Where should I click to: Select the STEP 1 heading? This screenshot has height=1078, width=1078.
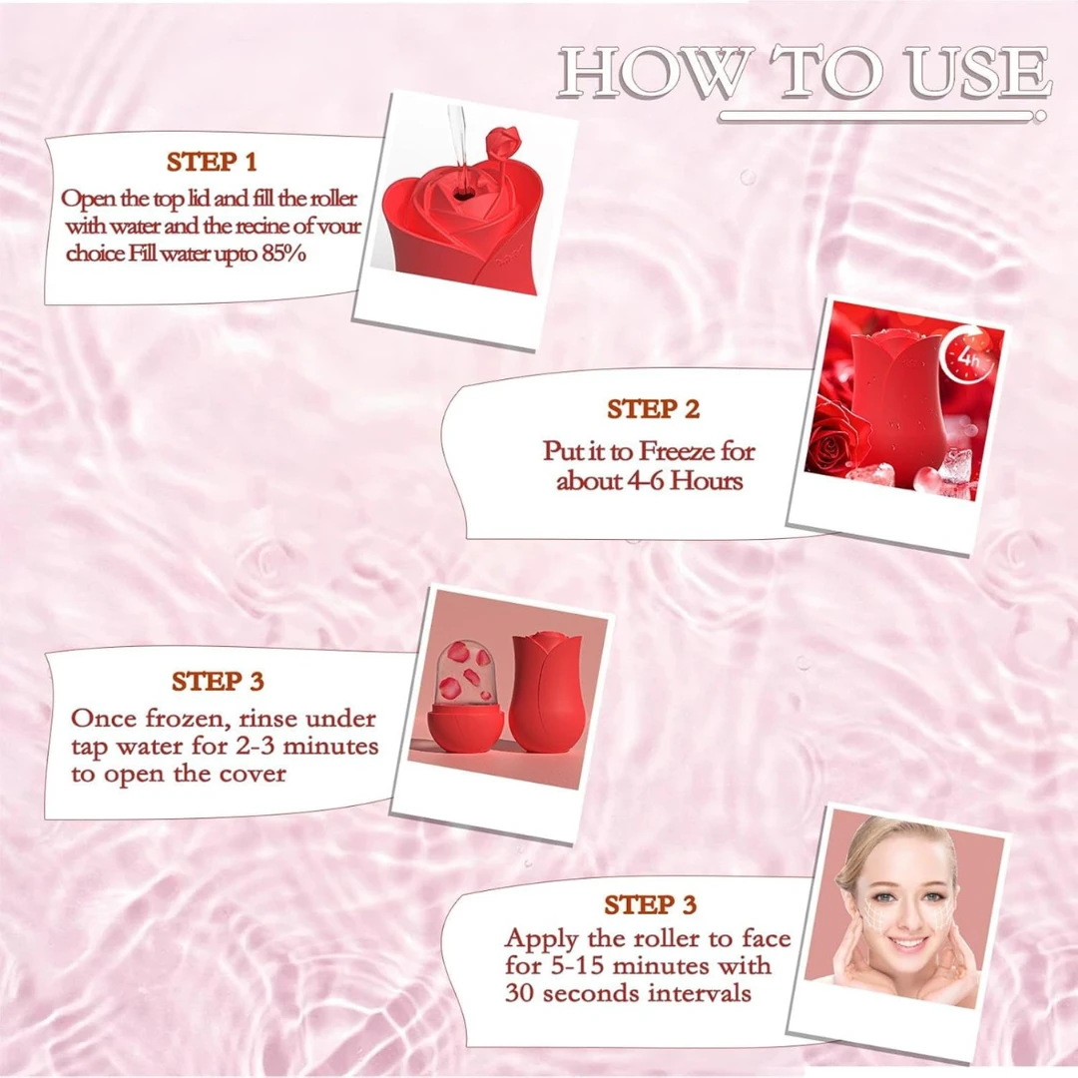tap(212, 163)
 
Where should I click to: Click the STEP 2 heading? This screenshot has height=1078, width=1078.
tap(653, 409)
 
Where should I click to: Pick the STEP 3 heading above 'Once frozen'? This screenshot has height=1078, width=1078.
tap(218, 682)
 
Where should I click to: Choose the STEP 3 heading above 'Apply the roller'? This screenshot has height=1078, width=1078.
tap(651, 904)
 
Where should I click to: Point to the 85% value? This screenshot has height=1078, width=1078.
tap(283, 254)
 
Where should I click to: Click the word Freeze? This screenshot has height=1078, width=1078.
tap(678, 452)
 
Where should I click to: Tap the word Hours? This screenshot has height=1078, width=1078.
tap(707, 480)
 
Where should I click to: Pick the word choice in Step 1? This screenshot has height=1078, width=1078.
tap(95, 254)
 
